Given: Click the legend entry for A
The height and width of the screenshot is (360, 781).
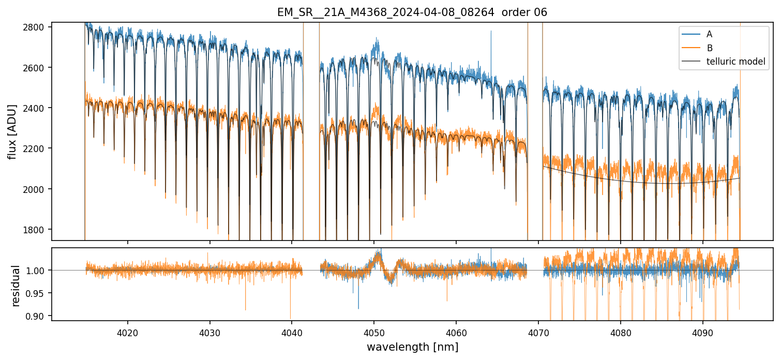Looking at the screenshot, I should (709, 34).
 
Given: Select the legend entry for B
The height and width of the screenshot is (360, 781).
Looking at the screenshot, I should (709, 48).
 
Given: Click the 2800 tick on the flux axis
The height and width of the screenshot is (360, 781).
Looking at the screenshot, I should (36, 27).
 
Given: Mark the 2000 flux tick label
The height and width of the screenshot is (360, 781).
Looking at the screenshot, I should (36, 189).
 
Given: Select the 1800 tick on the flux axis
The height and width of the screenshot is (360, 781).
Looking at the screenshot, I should (36, 230).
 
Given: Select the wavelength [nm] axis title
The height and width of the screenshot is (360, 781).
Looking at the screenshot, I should (412, 347).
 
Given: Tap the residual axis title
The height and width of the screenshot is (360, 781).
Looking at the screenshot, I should (16, 286).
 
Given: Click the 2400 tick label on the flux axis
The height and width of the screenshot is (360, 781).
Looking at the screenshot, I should (36, 108).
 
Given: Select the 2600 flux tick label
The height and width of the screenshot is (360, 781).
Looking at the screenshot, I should (36, 68).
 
